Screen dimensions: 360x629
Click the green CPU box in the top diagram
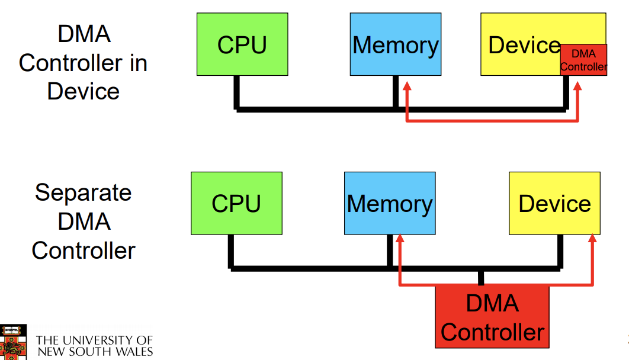click(x=242, y=44)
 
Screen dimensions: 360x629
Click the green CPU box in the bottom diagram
click(x=236, y=203)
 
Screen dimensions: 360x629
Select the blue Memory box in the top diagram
click(x=396, y=44)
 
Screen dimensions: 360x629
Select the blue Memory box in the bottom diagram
click(x=390, y=203)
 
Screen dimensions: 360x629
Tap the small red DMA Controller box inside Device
click(x=583, y=60)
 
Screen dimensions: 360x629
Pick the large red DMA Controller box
click(x=492, y=317)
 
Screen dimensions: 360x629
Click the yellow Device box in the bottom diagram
click(x=554, y=203)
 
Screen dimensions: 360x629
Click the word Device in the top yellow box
click(x=524, y=45)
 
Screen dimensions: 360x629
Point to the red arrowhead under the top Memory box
click(x=407, y=86)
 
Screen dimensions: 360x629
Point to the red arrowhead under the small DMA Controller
click(x=577, y=86)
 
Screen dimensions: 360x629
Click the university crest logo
click(x=13, y=342)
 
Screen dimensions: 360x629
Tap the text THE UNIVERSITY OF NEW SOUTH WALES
click(x=94, y=346)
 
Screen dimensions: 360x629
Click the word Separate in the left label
click(x=83, y=192)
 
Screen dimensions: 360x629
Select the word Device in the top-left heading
click(x=83, y=91)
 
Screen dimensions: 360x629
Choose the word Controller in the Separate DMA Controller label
click(x=83, y=250)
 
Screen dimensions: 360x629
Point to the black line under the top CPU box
click(x=237, y=92)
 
